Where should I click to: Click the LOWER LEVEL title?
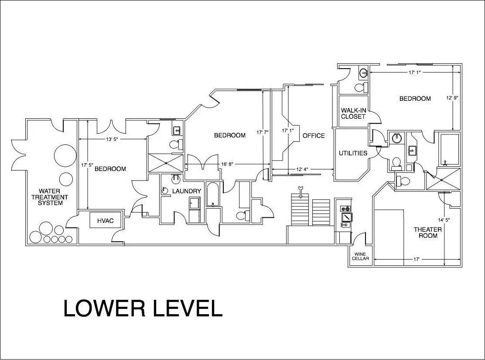pyautogui.click(x=143, y=308)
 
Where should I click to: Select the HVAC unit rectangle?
pyautogui.click(x=105, y=220)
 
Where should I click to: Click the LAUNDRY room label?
pyautogui.click(x=187, y=191)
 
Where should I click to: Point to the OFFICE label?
pyautogui.click(x=314, y=136)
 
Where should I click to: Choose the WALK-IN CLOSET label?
pyautogui.click(x=353, y=113)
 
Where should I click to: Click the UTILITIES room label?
pyautogui.click(x=353, y=153)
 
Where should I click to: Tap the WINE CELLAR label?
pyautogui.click(x=360, y=256)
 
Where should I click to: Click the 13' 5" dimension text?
pyautogui.click(x=112, y=139)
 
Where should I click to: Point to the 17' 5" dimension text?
pyautogui.click(x=87, y=165)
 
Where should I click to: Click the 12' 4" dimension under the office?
pyautogui.click(x=302, y=169)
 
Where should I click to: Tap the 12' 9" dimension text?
pyautogui.click(x=452, y=97)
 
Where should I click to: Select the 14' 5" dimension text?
pyautogui.click(x=444, y=220)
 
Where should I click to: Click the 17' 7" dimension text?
pyautogui.click(x=263, y=132)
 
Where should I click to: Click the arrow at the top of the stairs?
pyautogui.click(x=299, y=189)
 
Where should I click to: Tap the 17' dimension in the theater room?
pyautogui.click(x=417, y=259)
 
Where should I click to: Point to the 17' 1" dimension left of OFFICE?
pyautogui.click(x=288, y=130)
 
